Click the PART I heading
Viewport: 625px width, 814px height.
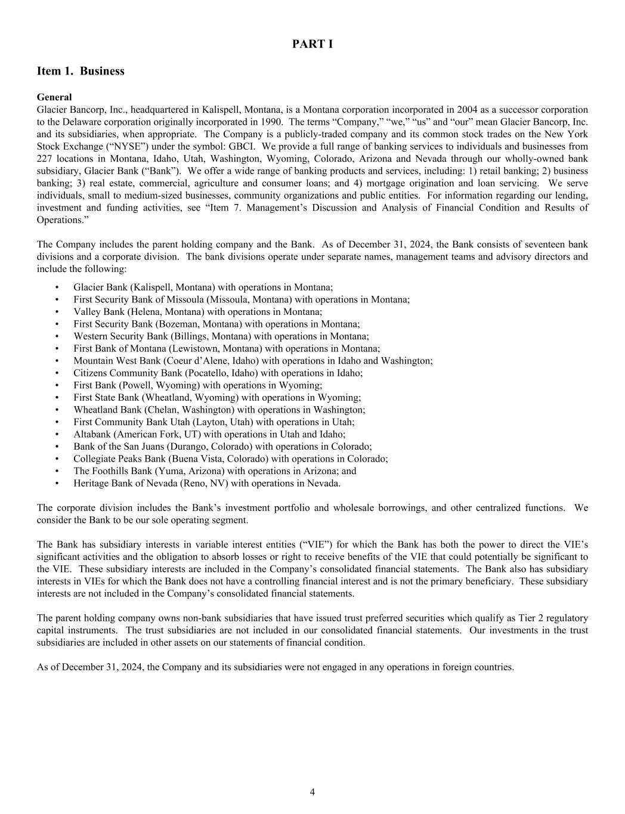click(312, 44)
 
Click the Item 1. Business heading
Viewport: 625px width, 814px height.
click(81, 71)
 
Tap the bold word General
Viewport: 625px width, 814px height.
click(54, 97)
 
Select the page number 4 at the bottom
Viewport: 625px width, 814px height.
click(312, 792)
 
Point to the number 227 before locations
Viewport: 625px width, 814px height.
click(45, 159)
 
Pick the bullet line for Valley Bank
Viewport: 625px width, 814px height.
click(197, 312)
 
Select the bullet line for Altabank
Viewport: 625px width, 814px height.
click(209, 435)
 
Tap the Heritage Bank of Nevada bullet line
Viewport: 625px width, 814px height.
click(207, 484)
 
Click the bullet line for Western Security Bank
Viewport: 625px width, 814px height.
click(221, 336)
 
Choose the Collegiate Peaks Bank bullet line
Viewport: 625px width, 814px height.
click(230, 459)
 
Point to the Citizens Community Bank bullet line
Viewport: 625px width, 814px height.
click(218, 373)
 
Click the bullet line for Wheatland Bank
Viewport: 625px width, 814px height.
click(219, 410)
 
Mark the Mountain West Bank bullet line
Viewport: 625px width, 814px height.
click(253, 361)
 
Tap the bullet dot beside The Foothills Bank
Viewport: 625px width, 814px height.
click(57, 471)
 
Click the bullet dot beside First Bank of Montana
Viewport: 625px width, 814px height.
click(57, 349)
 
